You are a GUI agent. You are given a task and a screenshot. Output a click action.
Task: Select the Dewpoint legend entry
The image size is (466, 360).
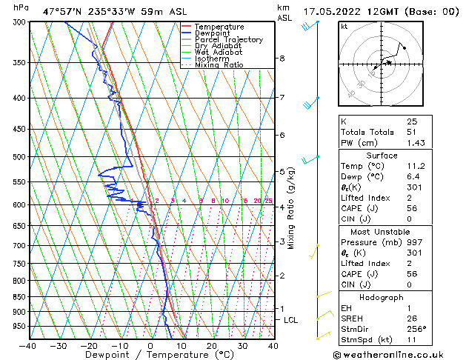(213, 33)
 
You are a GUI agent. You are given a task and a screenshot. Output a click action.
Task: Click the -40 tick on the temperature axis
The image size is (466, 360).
(28, 346)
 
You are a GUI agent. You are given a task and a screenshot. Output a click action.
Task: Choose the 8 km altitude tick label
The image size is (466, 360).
(282, 59)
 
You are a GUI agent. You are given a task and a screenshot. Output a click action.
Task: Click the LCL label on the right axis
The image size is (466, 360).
(291, 319)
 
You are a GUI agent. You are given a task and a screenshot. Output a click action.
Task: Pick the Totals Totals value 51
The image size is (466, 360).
(412, 132)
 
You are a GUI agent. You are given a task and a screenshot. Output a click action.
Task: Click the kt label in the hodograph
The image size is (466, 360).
(344, 26)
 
